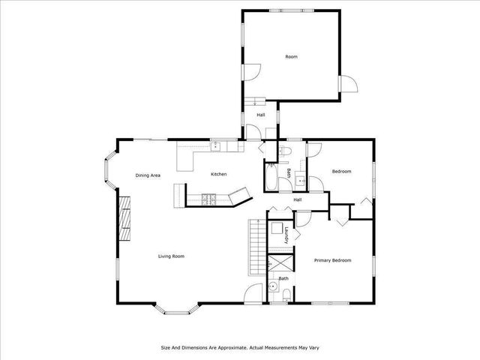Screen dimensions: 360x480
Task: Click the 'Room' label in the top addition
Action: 291,56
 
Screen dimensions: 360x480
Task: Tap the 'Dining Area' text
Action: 148,175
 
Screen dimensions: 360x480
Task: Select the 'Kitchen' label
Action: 218,174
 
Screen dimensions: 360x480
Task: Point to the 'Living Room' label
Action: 171,256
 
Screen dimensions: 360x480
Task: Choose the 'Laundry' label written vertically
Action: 287,235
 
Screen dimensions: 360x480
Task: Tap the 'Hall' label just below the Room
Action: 261,115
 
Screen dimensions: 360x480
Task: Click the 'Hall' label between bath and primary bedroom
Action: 297,199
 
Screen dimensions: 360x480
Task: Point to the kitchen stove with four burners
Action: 209,199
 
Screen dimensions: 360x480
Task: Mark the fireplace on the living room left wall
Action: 124,218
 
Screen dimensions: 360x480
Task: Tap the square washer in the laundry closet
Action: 276,229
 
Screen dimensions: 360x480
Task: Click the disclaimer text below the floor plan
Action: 239,347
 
